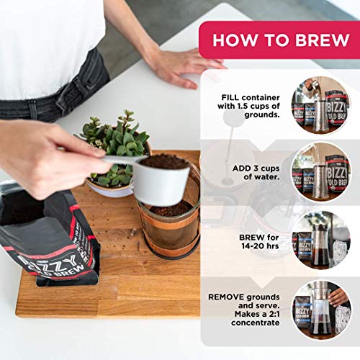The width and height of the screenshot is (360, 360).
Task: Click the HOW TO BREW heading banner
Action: pyautogui.click(x=278, y=40)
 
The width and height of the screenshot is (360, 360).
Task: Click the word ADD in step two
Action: pyautogui.click(x=241, y=168)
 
